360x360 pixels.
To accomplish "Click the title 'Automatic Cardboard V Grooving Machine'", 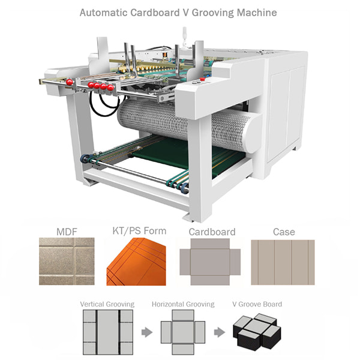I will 180,12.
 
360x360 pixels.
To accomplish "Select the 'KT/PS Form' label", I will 139,230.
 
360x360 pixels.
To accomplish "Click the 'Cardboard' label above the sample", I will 212,232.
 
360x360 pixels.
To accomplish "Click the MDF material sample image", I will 66,261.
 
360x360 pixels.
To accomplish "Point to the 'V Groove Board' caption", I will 257,304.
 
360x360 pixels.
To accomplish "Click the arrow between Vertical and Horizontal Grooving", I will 145,332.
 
